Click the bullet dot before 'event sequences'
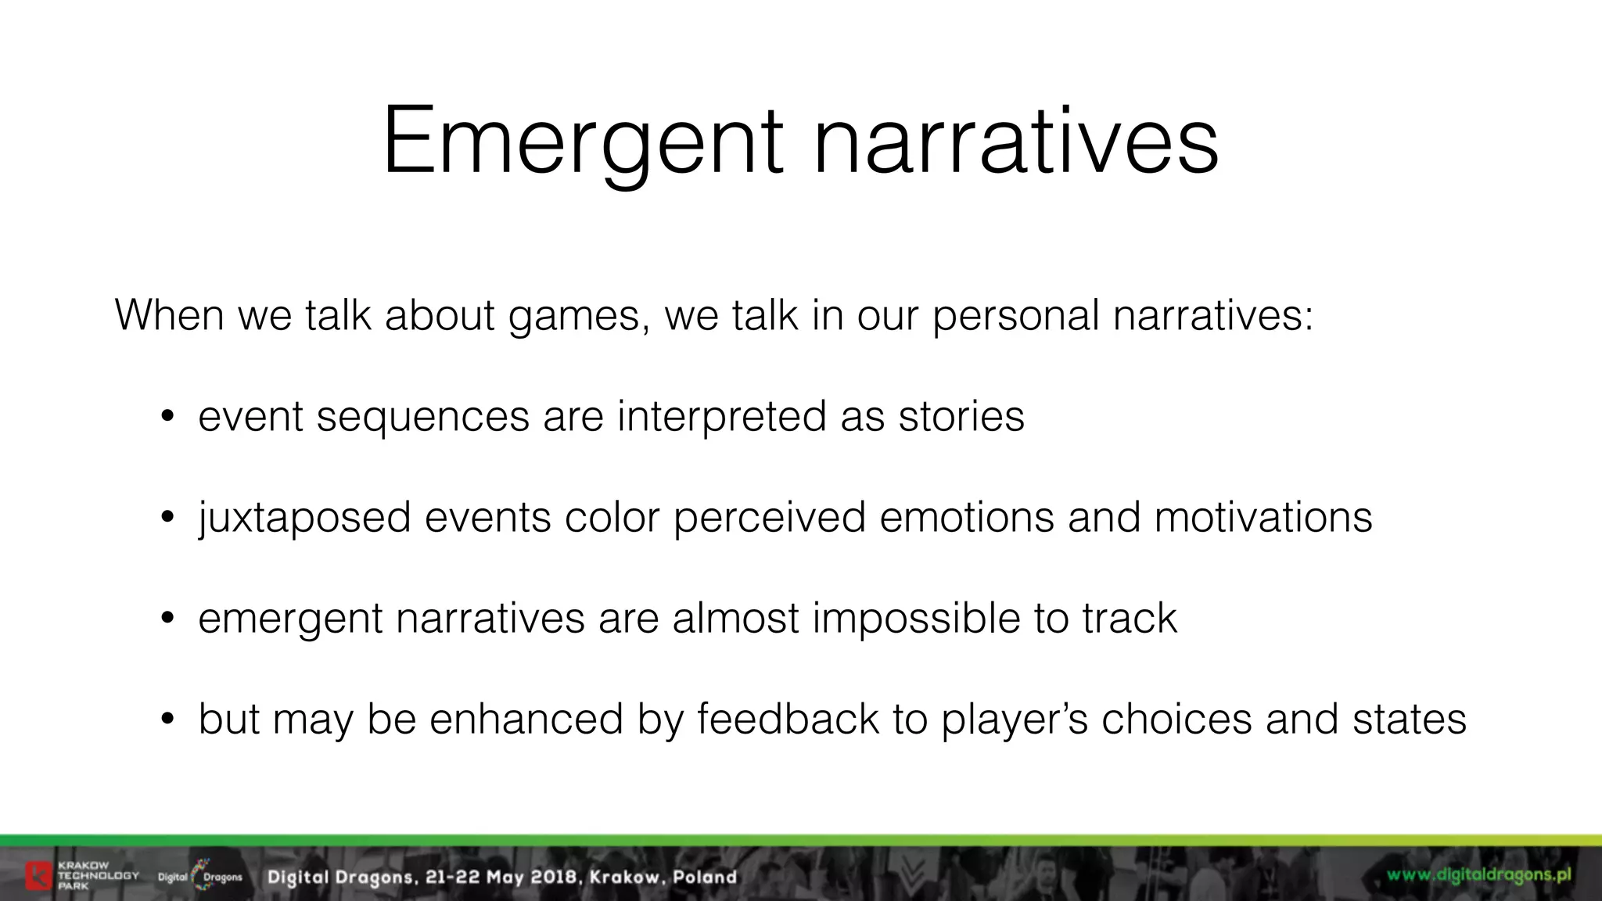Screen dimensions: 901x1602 click(166, 418)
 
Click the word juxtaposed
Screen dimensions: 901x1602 click(304, 519)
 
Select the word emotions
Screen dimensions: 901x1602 click(966, 518)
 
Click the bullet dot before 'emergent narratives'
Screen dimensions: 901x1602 click(166, 619)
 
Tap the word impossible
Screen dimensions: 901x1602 click(916, 619)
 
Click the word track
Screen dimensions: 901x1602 click(1129, 619)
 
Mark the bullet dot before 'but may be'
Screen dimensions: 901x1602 click(166, 720)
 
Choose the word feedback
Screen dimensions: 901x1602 click(788, 720)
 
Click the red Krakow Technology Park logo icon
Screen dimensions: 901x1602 click(37, 876)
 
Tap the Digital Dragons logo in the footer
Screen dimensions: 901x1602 click(200, 876)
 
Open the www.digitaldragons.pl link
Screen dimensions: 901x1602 click(1479, 874)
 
